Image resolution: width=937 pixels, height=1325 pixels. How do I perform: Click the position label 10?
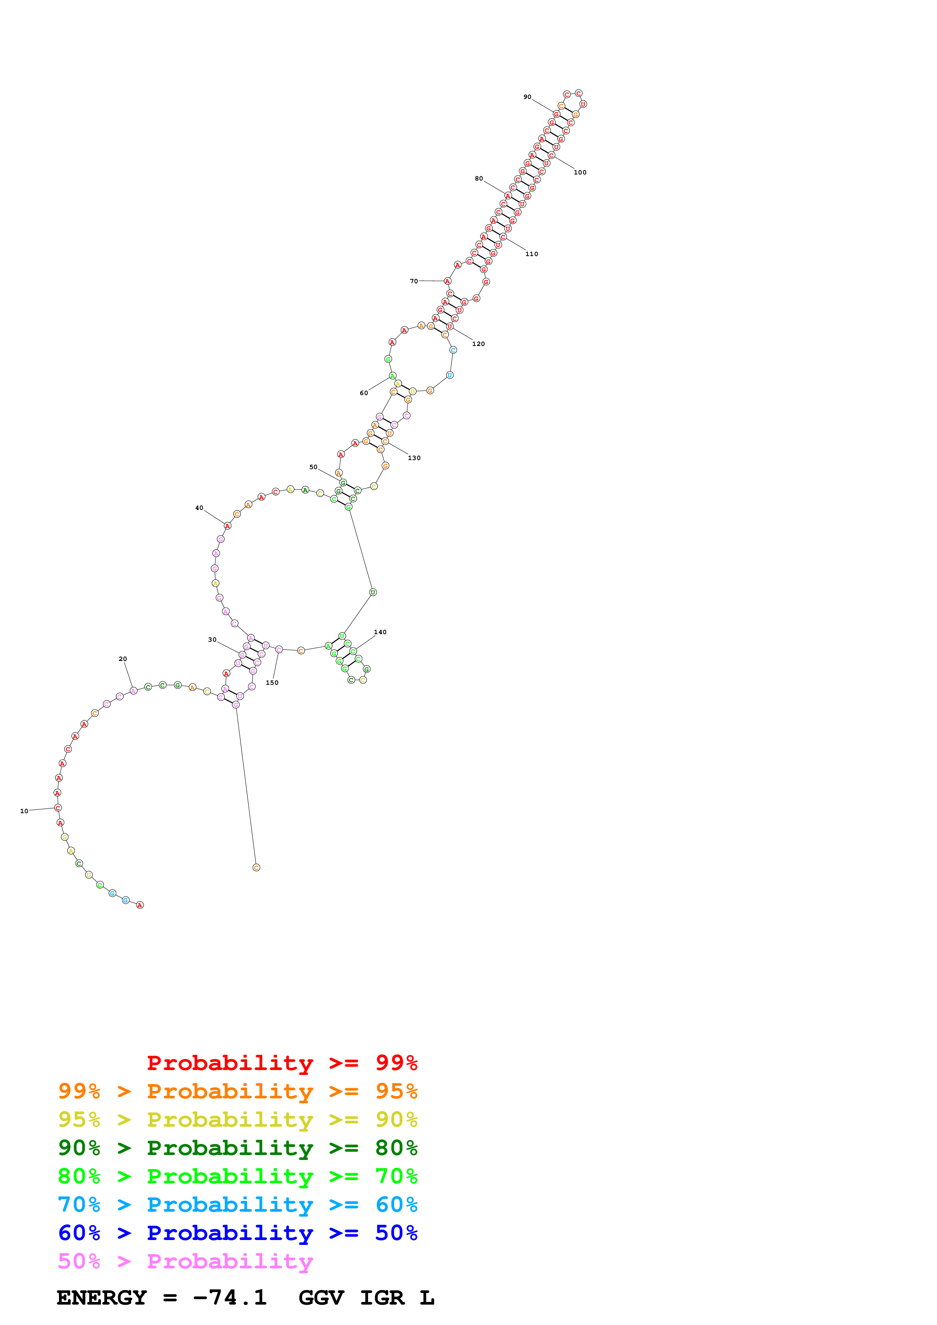(x=24, y=811)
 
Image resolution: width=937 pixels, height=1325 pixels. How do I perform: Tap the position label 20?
(x=122, y=658)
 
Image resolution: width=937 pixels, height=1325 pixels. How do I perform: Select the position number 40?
(x=199, y=508)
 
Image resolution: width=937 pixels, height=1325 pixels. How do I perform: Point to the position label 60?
(x=364, y=393)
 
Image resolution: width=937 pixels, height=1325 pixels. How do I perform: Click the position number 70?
(x=414, y=281)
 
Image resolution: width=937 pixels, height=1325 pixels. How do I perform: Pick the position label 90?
(x=527, y=97)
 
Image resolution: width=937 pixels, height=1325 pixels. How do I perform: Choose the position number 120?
(x=478, y=344)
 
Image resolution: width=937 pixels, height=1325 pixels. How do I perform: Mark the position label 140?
(x=380, y=632)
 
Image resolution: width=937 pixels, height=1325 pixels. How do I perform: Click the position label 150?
(x=272, y=683)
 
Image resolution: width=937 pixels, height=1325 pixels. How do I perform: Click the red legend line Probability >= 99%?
(x=282, y=1063)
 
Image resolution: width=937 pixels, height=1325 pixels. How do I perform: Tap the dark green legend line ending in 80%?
(x=237, y=1148)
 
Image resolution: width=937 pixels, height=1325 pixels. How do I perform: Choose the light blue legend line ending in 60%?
(x=237, y=1205)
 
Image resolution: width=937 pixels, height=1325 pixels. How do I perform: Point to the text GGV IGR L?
(x=366, y=1297)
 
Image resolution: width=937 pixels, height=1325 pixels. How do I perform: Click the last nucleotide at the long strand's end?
(x=256, y=867)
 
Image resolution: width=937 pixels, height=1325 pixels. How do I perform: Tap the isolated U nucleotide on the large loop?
(x=373, y=592)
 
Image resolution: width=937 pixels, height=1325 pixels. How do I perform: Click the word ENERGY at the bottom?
(x=102, y=1297)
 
